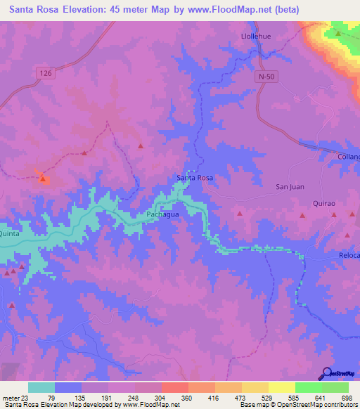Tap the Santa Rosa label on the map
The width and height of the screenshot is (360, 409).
194,178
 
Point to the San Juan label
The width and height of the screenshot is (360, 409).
288,186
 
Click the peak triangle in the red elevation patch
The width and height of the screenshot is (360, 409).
42,178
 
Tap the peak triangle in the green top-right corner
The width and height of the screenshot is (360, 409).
338,33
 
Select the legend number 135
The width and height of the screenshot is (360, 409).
95,397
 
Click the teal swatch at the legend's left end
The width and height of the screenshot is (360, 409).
41,387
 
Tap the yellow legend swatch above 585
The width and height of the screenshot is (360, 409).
281,387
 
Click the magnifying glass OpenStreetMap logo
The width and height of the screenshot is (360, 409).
326,372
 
